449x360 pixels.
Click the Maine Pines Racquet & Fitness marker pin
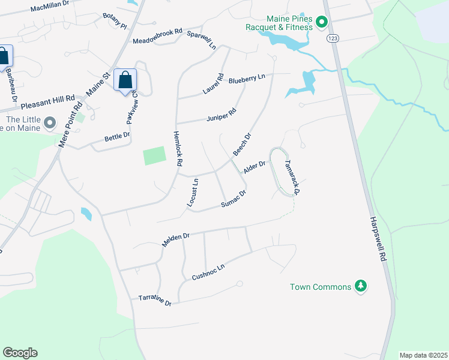click(x=321, y=22)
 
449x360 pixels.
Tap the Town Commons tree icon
click(x=361, y=287)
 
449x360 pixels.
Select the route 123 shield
click(x=332, y=38)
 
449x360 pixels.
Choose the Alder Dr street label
click(x=254, y=168)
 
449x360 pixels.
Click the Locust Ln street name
click(x=192, y=193)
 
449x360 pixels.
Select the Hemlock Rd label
click(x=178, y=149)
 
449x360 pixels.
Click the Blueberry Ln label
click(x=247, y=79)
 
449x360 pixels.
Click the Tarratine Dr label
click(x=155, y=301)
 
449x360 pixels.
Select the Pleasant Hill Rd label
click(x=48, y=103)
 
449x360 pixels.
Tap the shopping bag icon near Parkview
click(x=125, y=80)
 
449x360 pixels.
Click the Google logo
click(x=20, y=353)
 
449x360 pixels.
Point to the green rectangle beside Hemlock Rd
click(x=154, y=156)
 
